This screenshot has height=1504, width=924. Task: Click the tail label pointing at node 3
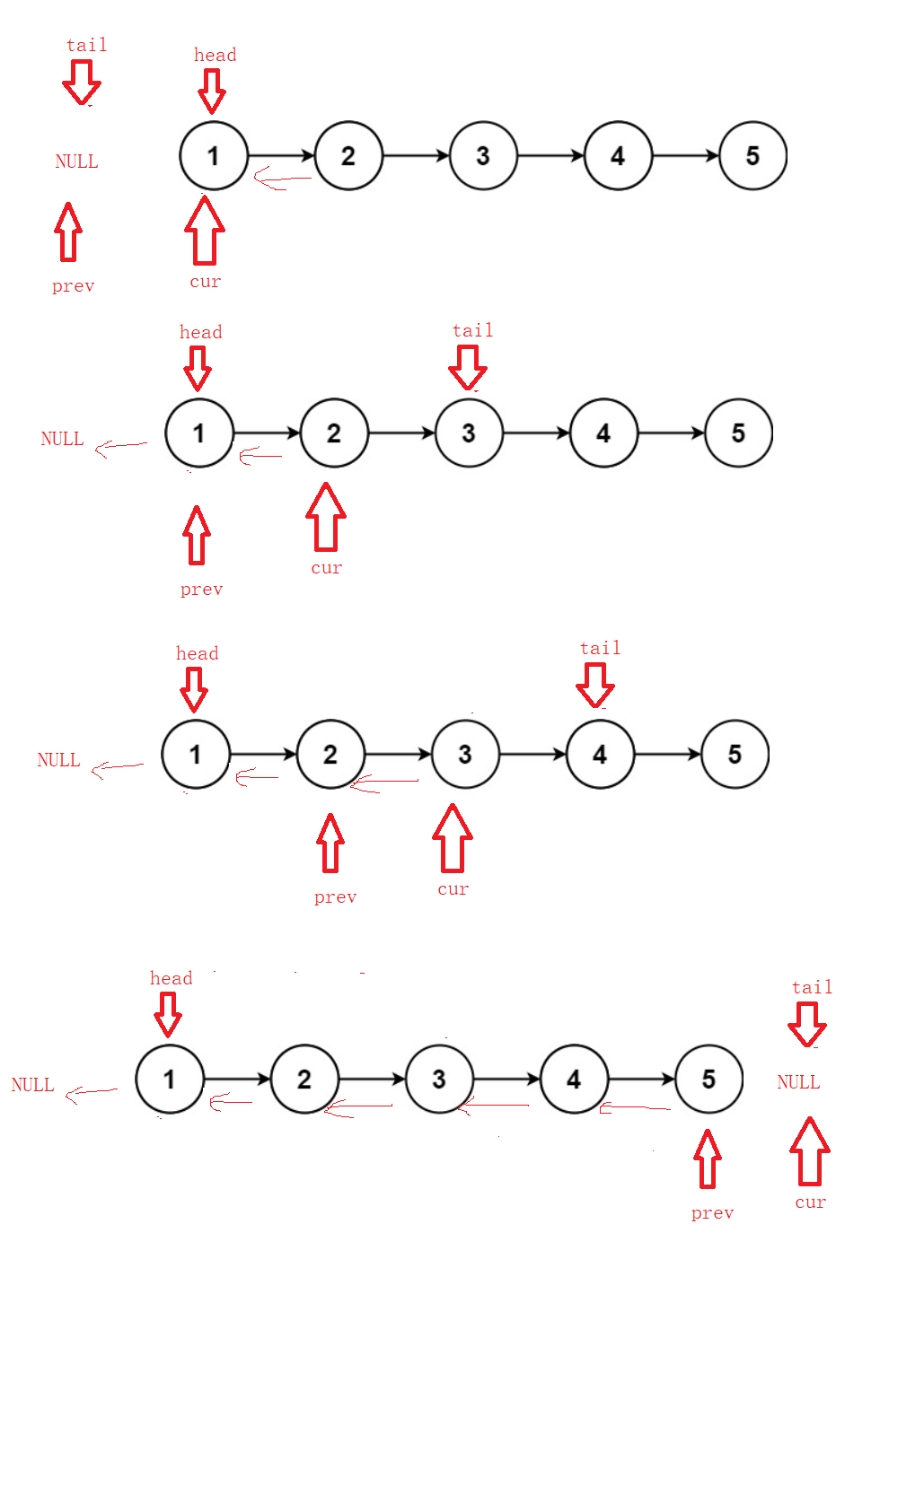pos(472,330)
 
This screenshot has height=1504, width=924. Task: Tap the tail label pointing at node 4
pos(600,648)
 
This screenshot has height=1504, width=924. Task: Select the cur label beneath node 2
pos(327,568)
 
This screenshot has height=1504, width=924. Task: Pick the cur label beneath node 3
pos(453,889)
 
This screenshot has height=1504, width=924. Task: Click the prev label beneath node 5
pos(712,1213)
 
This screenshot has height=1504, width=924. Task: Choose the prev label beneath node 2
pos(335,897)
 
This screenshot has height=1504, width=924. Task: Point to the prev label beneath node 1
pos(201,590)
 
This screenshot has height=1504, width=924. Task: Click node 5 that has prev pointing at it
pos(708,1079)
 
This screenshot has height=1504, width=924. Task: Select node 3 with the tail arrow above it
pos(469,433)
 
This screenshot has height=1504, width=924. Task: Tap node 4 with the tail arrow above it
pos(600,755)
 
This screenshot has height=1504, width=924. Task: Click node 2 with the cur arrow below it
pos(334,433)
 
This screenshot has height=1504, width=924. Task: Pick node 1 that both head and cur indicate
pos(213,156)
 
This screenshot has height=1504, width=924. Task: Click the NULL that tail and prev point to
pos(76,162)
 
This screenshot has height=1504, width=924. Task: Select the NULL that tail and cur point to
pos(798,1082)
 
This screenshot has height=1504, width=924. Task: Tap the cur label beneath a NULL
pos(810,1202)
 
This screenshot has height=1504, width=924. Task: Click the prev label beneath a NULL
pos(73,286)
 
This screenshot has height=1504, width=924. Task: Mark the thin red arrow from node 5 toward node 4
pos(635,1108)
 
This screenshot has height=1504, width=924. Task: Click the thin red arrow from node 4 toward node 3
pos(493,1107)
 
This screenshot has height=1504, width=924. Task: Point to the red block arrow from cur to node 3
pos(453,838)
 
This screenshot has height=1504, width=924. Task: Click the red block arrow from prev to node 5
pos(708,1159)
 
